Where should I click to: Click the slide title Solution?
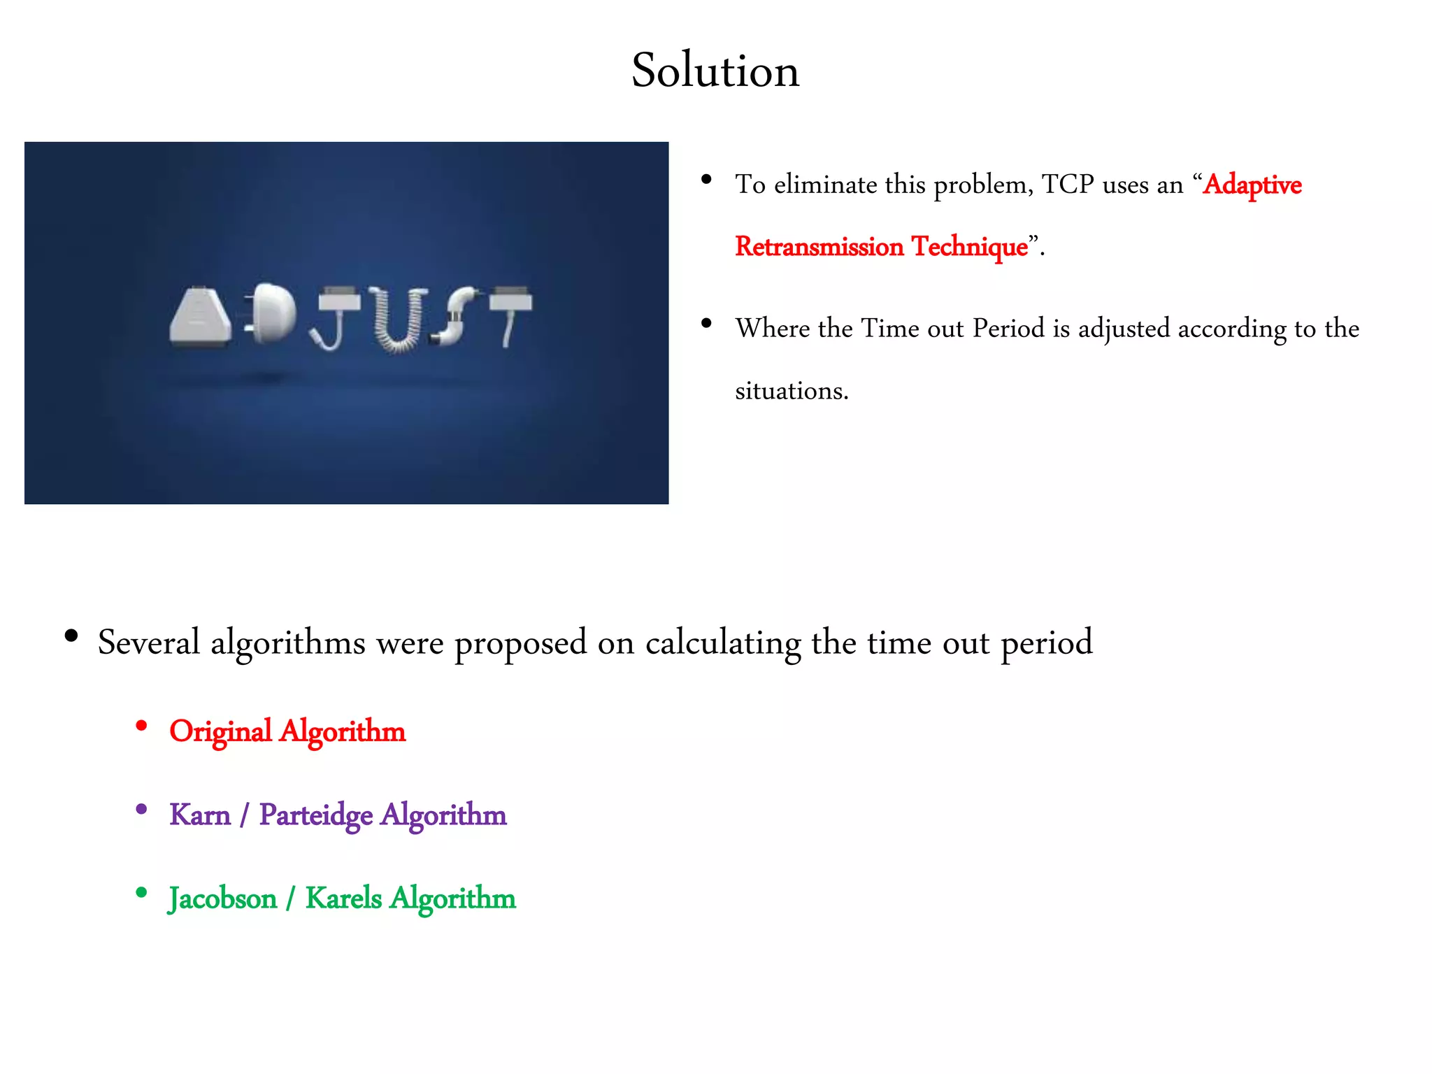(715, 71)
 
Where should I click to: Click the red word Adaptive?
(1252, 185)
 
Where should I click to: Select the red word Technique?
(970, 247)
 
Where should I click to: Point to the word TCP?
(1068, 185)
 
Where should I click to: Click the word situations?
(791, 391)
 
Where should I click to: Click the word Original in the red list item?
(220, 732)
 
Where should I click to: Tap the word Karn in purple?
(200, 815)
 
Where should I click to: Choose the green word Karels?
(343, 898)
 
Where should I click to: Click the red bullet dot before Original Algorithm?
(141, 726)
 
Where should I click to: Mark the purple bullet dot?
(141, 810)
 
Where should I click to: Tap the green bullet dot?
(141, 892)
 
